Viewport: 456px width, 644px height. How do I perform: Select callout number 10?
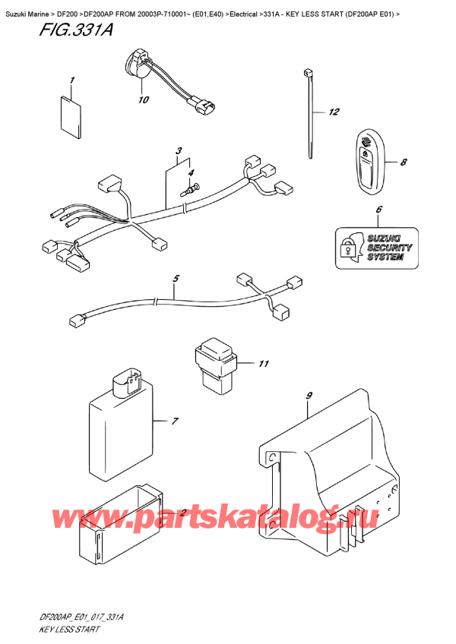142,100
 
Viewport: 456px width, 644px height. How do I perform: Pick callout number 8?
403,162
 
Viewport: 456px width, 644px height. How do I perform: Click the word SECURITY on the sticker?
388,248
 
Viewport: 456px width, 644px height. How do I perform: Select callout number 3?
178,150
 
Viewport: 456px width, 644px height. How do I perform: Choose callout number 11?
264,364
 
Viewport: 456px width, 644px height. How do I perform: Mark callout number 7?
174,420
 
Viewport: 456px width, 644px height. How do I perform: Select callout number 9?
309,395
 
